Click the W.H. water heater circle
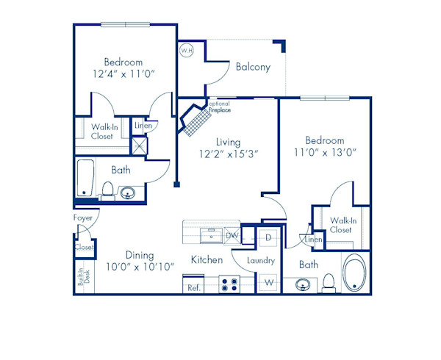(186, 51)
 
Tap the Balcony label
(253, 67)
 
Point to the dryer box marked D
(268, 238)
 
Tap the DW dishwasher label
(232, 236)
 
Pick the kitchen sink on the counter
(211, 235)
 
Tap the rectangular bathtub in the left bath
(85, 178)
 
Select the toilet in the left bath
(107, 192)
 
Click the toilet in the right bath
(329, 281)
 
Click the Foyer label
(82, 217)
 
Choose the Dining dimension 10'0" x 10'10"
(139, 267)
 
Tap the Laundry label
(261, 261)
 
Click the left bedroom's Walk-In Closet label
(102, 131)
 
